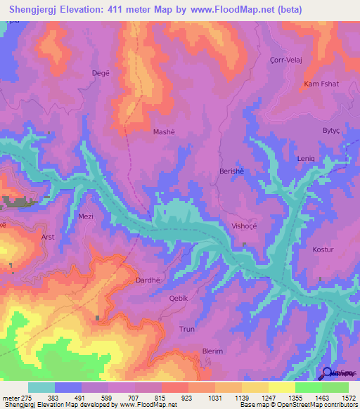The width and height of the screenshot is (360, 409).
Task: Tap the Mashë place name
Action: pyautogui.click(x=163, y=131)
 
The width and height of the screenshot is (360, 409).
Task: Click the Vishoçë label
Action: pyautogui.click(x=237, y=226)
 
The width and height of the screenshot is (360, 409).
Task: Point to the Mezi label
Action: pyautogui.click(x=86, y=216)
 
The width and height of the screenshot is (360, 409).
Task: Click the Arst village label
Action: pyautogui.click(x=48, y=238)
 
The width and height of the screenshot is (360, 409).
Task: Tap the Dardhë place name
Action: pyautogui.click(x=147, y=280)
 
